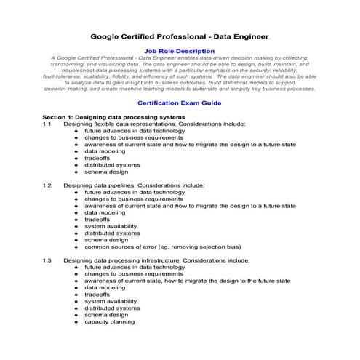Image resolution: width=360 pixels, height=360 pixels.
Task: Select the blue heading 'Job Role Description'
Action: pos(180,51)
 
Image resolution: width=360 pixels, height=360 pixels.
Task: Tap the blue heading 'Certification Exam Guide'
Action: pos(180,103)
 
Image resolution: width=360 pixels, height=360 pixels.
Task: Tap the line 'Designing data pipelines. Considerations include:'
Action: pos(134,185)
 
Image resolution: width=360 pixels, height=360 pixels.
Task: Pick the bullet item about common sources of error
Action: pos(163,247)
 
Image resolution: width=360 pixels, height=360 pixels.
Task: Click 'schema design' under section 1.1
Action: pos(106,172)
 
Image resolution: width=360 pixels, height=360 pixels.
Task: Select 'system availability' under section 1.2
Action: pos(111,226)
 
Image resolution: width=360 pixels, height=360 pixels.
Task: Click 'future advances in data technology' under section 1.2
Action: pos(135,192)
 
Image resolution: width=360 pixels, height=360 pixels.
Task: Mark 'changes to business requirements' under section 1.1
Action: pos(133,137)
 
